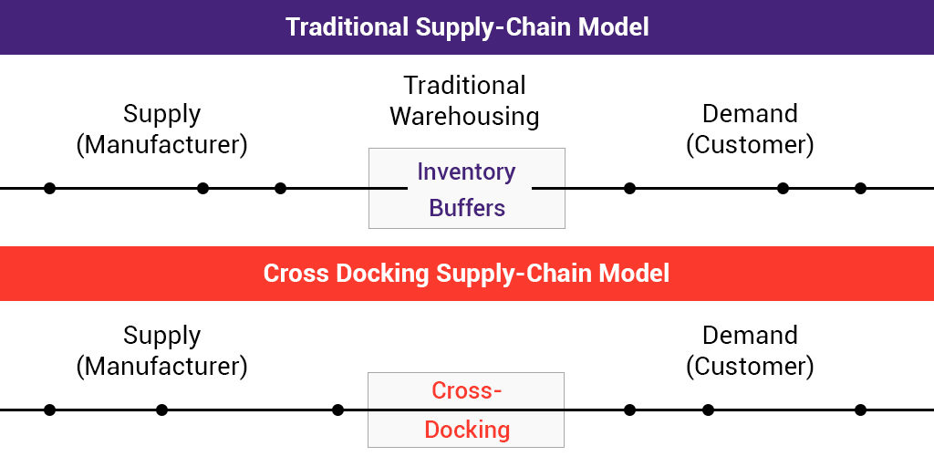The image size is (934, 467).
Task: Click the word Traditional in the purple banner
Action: pos(347,27)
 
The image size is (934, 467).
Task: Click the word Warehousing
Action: pos(464,117)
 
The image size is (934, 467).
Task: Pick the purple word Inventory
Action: pos(466,171)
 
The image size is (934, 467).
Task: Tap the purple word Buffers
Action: pos(467,208)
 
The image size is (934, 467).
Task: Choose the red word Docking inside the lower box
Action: pos(467,431)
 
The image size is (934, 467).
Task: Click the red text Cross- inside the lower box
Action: pos(466,391)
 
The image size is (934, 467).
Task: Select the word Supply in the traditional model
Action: pos(162,114)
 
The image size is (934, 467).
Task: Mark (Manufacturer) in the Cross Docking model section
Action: pos(162,367)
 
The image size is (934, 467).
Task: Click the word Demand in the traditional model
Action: pos(750,113)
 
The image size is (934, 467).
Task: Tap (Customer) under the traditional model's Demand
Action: pos(750,145)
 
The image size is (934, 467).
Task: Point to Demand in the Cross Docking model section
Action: pos(750,336)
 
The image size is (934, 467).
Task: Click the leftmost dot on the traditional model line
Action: pos(49,188)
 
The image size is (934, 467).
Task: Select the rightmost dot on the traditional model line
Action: pos(860,188)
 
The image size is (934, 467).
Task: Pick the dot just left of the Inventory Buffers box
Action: pos(281,188)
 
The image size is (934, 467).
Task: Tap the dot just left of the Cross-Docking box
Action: pos(337,410)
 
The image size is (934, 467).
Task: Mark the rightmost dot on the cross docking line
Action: pos(860,410)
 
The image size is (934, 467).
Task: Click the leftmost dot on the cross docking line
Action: pos(49,410)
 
